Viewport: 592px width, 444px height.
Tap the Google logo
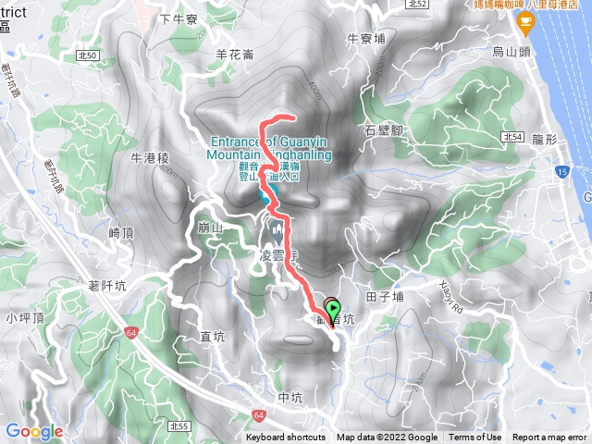pyautogui.click(x=33, y=431)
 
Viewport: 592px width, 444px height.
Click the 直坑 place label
pyautogui.click(x=213, y=336)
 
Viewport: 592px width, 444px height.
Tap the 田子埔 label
pyautogui.click(x=385, y=297)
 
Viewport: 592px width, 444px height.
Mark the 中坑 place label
pyautogui.click(x=290, y=398)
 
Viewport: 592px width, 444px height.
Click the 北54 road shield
pyautogui.click(x=514, y=137)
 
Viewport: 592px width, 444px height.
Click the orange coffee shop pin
pyautogui.click(x=526, y=18)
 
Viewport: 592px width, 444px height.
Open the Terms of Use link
pyautogui.click(x=475, y=438)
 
